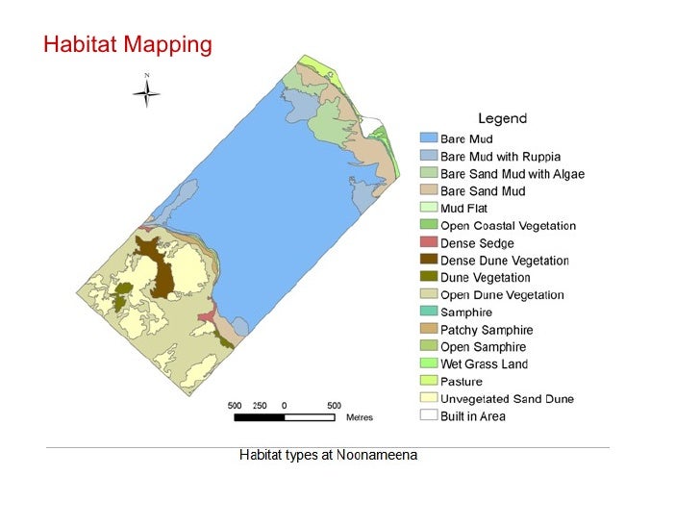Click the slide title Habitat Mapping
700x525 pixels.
pyautogui.click(x=127, y=44)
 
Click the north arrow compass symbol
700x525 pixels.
pyautogui.click(x=146, y=92)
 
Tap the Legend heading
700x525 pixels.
pyautogui.click(x=502, y=118)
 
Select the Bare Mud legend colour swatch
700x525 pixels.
pyautogui.click(x=428, y=139)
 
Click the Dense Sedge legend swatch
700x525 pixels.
pyautogui.click(x=428, y=243)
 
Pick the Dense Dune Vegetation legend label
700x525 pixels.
pyautogui.click(x=504, y=261)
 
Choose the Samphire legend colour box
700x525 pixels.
pyautogui.click(x=428, y=312)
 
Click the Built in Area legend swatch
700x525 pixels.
pyautogui.click(x=428, y=416)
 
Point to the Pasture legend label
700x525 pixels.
pyautogui.click(x=462, y=382)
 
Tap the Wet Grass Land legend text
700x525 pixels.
pyautogui.click(x=484, y=364)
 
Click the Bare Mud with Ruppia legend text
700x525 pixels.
pyautogui.click(x=500, y=157)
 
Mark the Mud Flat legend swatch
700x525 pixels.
pyautogui.click(x=428, y=209)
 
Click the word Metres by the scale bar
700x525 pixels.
pyautogui.click(x=359, y=417)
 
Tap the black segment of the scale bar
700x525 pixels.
pyautogui.click(x=259, y=417)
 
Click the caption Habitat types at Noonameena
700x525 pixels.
pyautogui.click(x=328, y=455)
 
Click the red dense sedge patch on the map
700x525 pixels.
pyautogui.click(x=206, y=316)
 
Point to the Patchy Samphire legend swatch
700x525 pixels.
pyautogui.click(x=428, y=330)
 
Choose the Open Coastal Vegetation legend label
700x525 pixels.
pyautogui.click(x=508, y=226)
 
